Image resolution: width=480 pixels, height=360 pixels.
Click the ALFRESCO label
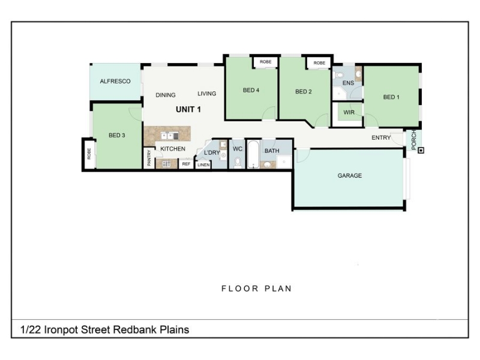point(115,81)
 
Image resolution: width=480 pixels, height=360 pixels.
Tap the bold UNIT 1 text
point(188,109)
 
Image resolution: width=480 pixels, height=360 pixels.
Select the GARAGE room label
point(350,175)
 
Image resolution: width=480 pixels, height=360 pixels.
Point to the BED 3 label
point(117,135)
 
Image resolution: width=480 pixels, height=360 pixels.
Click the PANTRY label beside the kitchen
point(149,158)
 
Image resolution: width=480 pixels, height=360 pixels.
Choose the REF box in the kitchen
point(186,164)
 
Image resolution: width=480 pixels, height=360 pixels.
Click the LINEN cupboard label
point(203,164)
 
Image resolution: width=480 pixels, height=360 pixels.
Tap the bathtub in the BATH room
point(253,155)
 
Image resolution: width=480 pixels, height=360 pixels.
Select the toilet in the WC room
point(238,163)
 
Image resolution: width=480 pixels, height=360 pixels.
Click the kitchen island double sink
point(170,136)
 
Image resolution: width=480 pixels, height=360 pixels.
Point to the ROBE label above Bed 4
point(265,62)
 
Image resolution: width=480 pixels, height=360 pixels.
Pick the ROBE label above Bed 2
point(319,63)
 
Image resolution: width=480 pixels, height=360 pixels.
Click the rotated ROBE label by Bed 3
point(89,154)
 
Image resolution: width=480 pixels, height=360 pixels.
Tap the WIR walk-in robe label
point(349,112)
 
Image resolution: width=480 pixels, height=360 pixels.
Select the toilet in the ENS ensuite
point(339,75)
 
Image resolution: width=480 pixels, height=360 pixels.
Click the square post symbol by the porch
point(421,151)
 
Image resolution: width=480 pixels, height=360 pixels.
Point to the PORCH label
point(413,140)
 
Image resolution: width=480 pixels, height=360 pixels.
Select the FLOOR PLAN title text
point(257,289)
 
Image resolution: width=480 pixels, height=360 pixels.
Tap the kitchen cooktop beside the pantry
point(166,164)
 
